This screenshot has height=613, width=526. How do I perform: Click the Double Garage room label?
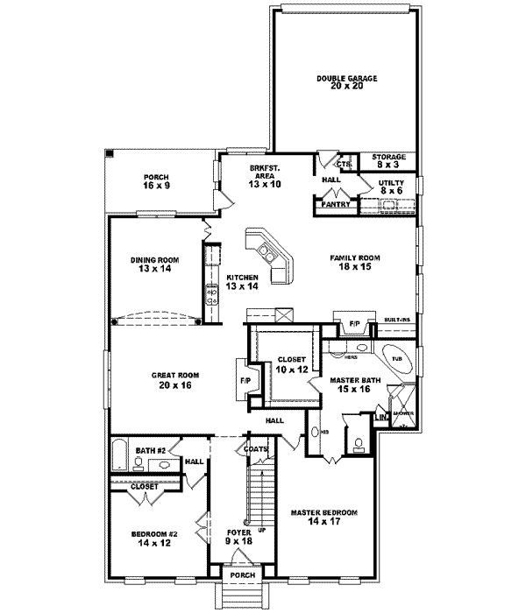(x=346, y=83)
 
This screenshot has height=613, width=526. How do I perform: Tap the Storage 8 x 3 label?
(x=389, y=160)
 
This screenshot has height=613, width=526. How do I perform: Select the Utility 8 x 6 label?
(x=390, y=187)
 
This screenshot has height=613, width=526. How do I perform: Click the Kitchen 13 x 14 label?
(x=242, y=282)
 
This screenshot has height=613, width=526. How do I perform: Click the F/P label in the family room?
(x=355, y=324)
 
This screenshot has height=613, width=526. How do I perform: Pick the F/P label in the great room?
(x=245, y=381)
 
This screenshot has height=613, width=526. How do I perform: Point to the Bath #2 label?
(x=151, y=451)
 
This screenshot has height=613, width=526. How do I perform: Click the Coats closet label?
(x=256, y=449)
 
